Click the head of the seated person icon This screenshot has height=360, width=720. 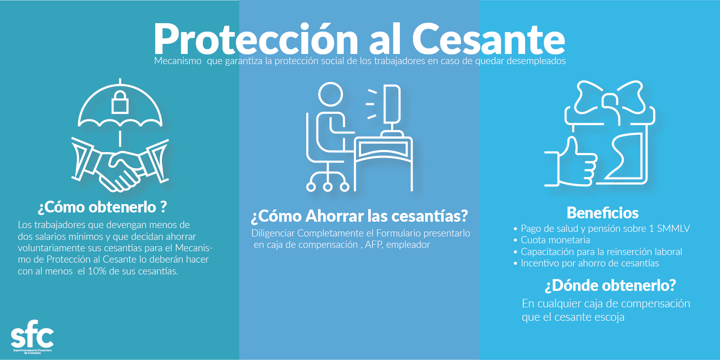pos(330,94)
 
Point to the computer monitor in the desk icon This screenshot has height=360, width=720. pos(392,103)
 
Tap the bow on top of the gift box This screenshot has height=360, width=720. pos(609,99)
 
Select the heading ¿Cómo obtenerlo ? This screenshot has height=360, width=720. pos(102,207)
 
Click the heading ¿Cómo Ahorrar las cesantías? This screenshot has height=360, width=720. pos(359,216)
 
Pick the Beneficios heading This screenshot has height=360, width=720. pos(602,213)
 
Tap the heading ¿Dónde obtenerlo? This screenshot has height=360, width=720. pos(610,285)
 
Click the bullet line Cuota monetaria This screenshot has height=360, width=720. pos(555,240)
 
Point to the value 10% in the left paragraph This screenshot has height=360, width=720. pos(97,271)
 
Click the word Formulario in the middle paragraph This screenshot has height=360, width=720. pos(397,233)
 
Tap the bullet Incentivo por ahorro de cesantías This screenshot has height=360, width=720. pos(590,263)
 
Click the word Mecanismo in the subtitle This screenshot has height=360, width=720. pos(178,61)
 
